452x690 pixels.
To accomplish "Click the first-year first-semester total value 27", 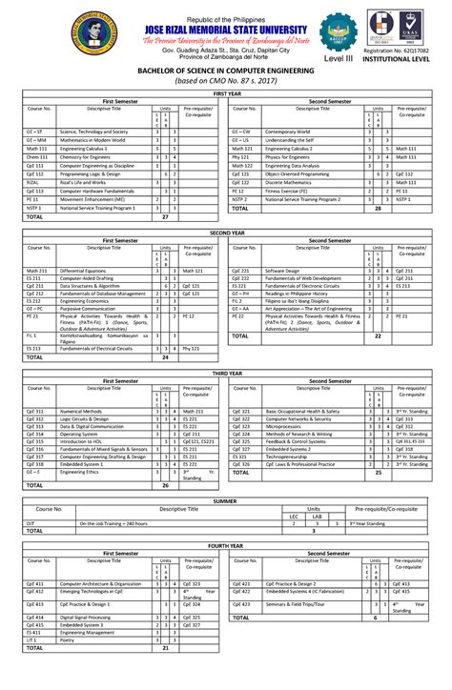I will coord(165,217).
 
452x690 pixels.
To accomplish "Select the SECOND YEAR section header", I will coord(226,233).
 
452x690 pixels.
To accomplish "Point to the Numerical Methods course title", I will coord(81,411).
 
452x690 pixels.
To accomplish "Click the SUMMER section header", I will coord(226,499).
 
